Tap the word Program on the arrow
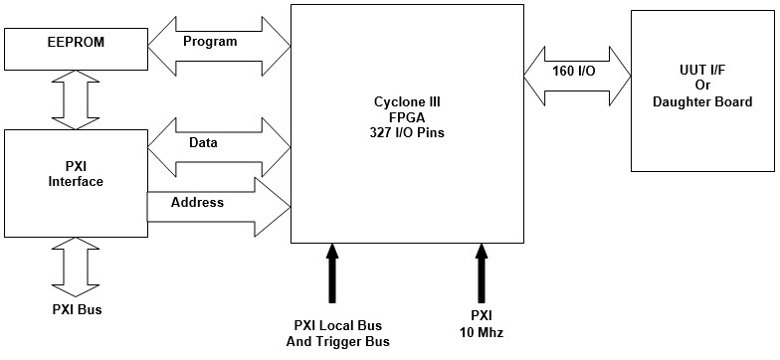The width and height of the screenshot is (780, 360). point(211,42)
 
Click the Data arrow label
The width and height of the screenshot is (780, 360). point(203,143)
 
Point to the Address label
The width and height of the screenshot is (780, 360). point(197,202)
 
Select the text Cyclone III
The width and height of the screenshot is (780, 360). point(406,101)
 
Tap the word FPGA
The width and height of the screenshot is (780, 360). point(406,115)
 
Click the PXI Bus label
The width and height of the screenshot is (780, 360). point(77,309)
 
